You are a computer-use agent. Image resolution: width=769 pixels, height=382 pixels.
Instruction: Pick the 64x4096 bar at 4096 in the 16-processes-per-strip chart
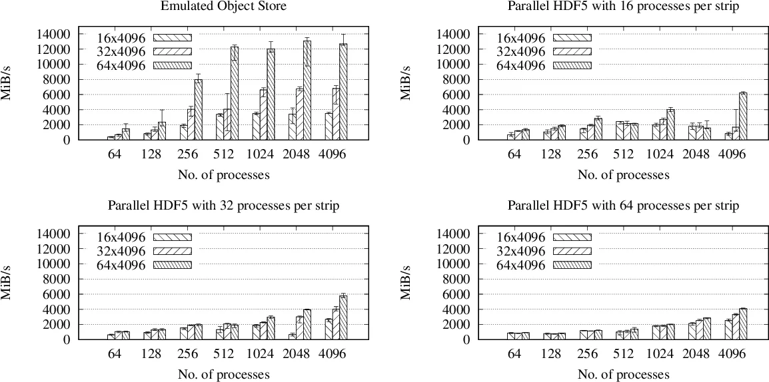click(743, 116)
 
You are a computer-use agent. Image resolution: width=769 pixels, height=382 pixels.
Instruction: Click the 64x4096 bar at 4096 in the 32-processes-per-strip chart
click(343, 317)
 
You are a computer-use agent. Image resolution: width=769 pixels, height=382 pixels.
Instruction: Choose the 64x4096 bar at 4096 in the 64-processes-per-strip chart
click(743, 324)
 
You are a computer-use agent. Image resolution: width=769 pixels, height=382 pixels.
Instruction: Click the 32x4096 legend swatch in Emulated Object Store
click(172, 51)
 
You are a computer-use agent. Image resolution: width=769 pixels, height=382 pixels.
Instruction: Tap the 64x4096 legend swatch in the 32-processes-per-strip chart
click(172, 265)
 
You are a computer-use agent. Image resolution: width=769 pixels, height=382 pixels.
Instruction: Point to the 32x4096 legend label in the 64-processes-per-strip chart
click(521, 251)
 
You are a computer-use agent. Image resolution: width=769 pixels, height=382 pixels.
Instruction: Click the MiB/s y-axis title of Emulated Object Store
click(8, 87)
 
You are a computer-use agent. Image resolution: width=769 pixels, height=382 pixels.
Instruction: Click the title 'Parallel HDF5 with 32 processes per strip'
click(223, 206)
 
